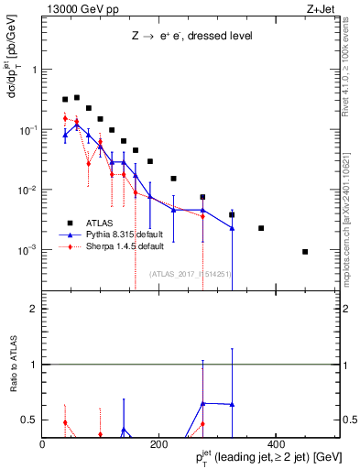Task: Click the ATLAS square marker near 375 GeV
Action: (x=261, y=228)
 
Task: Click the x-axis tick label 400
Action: (x=276, y=445)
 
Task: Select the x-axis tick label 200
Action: (x=159, y=445)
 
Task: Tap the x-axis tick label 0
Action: (x=43, y=445)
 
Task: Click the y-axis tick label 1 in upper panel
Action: (x=34, y=70)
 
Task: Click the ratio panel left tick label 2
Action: (x=34, y=309)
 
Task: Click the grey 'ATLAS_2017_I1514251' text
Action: (x=190, y=273)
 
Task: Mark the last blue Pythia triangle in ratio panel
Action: (x=232, y=404)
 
